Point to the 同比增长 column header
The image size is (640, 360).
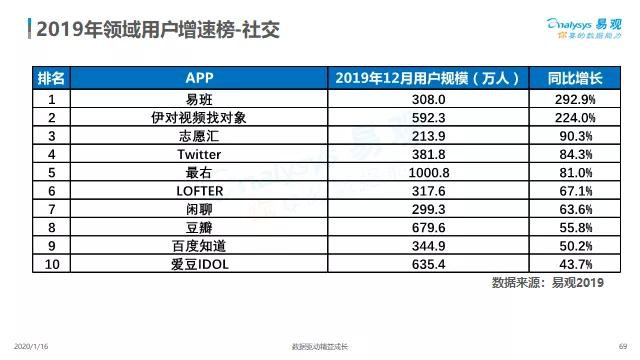pyautogui.click(x=576, y=79)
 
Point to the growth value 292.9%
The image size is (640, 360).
pyautogui.click(x=576, y=100)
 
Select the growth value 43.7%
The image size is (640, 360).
pyautogui.click(x=576, y=264)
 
